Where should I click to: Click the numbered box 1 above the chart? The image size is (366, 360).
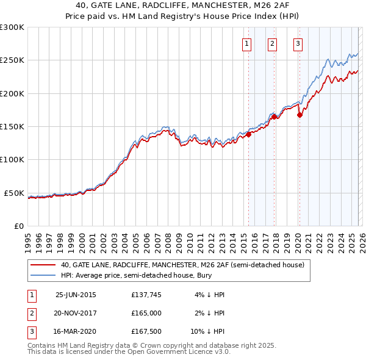[x=247, y=43]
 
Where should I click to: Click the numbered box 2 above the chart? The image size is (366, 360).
[x=272, y=43]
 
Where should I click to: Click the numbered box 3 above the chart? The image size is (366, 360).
[x=298, y=43]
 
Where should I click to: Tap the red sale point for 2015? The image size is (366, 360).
[x=249, y=135]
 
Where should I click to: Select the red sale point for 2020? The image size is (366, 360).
[x=300, y=115]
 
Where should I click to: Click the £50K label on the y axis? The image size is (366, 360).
[x=15, y=193]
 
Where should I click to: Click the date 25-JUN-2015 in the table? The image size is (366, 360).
[x=76, y=295]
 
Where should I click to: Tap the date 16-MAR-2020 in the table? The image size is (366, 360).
[x=76, y=333]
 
